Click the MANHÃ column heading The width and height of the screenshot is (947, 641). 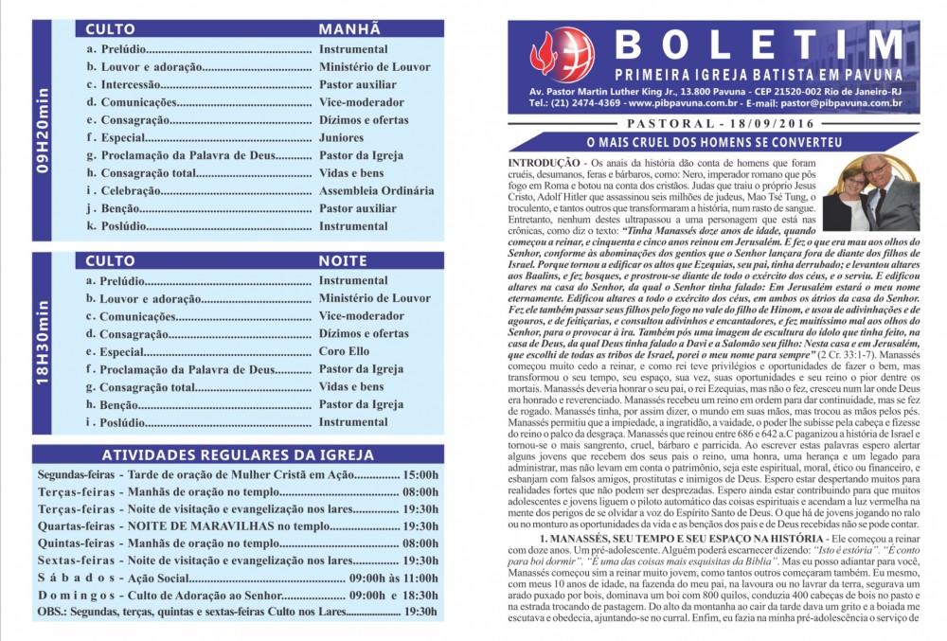click(x=349, y=29)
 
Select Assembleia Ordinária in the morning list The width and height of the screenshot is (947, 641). click(x=376, y=190)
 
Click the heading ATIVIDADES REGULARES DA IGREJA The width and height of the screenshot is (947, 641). click(x=238, y=454)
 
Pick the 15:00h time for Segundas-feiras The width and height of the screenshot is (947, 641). click(x=420, y=473)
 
